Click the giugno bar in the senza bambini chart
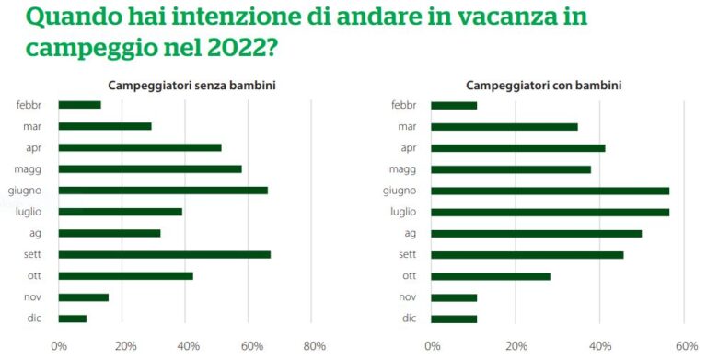click(x=163, y=191)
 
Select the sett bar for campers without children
click(x=165, y=254)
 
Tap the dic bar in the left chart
click(x=73, y=319)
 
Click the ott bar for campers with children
click(x=491, y=275)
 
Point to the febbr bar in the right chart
click(x=454, y=105)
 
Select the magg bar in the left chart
click(x=150, y=169)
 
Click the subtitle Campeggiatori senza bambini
click(x=192, y=86)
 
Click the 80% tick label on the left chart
click(x=314, y=346)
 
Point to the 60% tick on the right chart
click(x=685, y=346)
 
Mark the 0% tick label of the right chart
click(x=433, y=346)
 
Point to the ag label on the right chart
click(x=411, y=233)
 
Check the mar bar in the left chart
click(x=105, y=126)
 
